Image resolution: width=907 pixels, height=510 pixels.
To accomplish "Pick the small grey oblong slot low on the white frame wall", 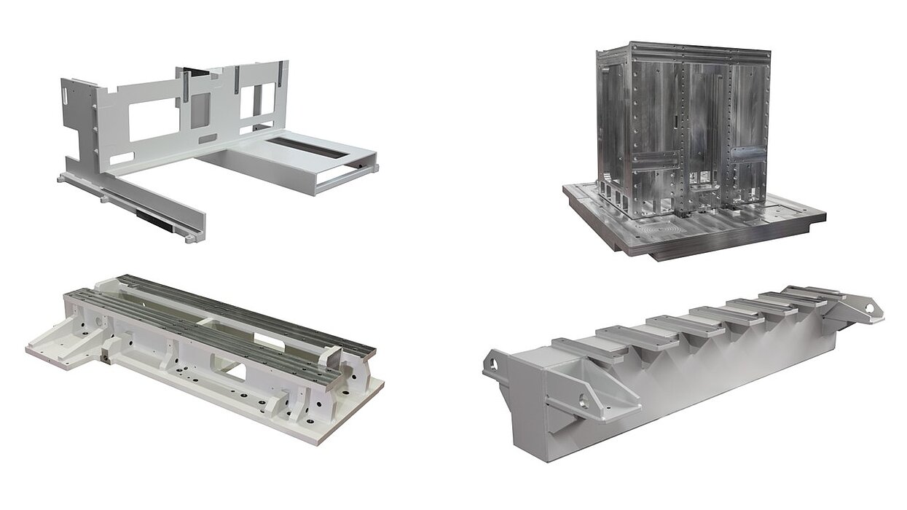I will pos(207,138).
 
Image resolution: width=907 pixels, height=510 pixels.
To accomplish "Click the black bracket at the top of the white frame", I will pos(195,71).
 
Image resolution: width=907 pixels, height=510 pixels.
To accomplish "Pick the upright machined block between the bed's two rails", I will pos(332,356).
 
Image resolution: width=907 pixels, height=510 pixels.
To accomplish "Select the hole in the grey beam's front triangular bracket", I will pos(584,399).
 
